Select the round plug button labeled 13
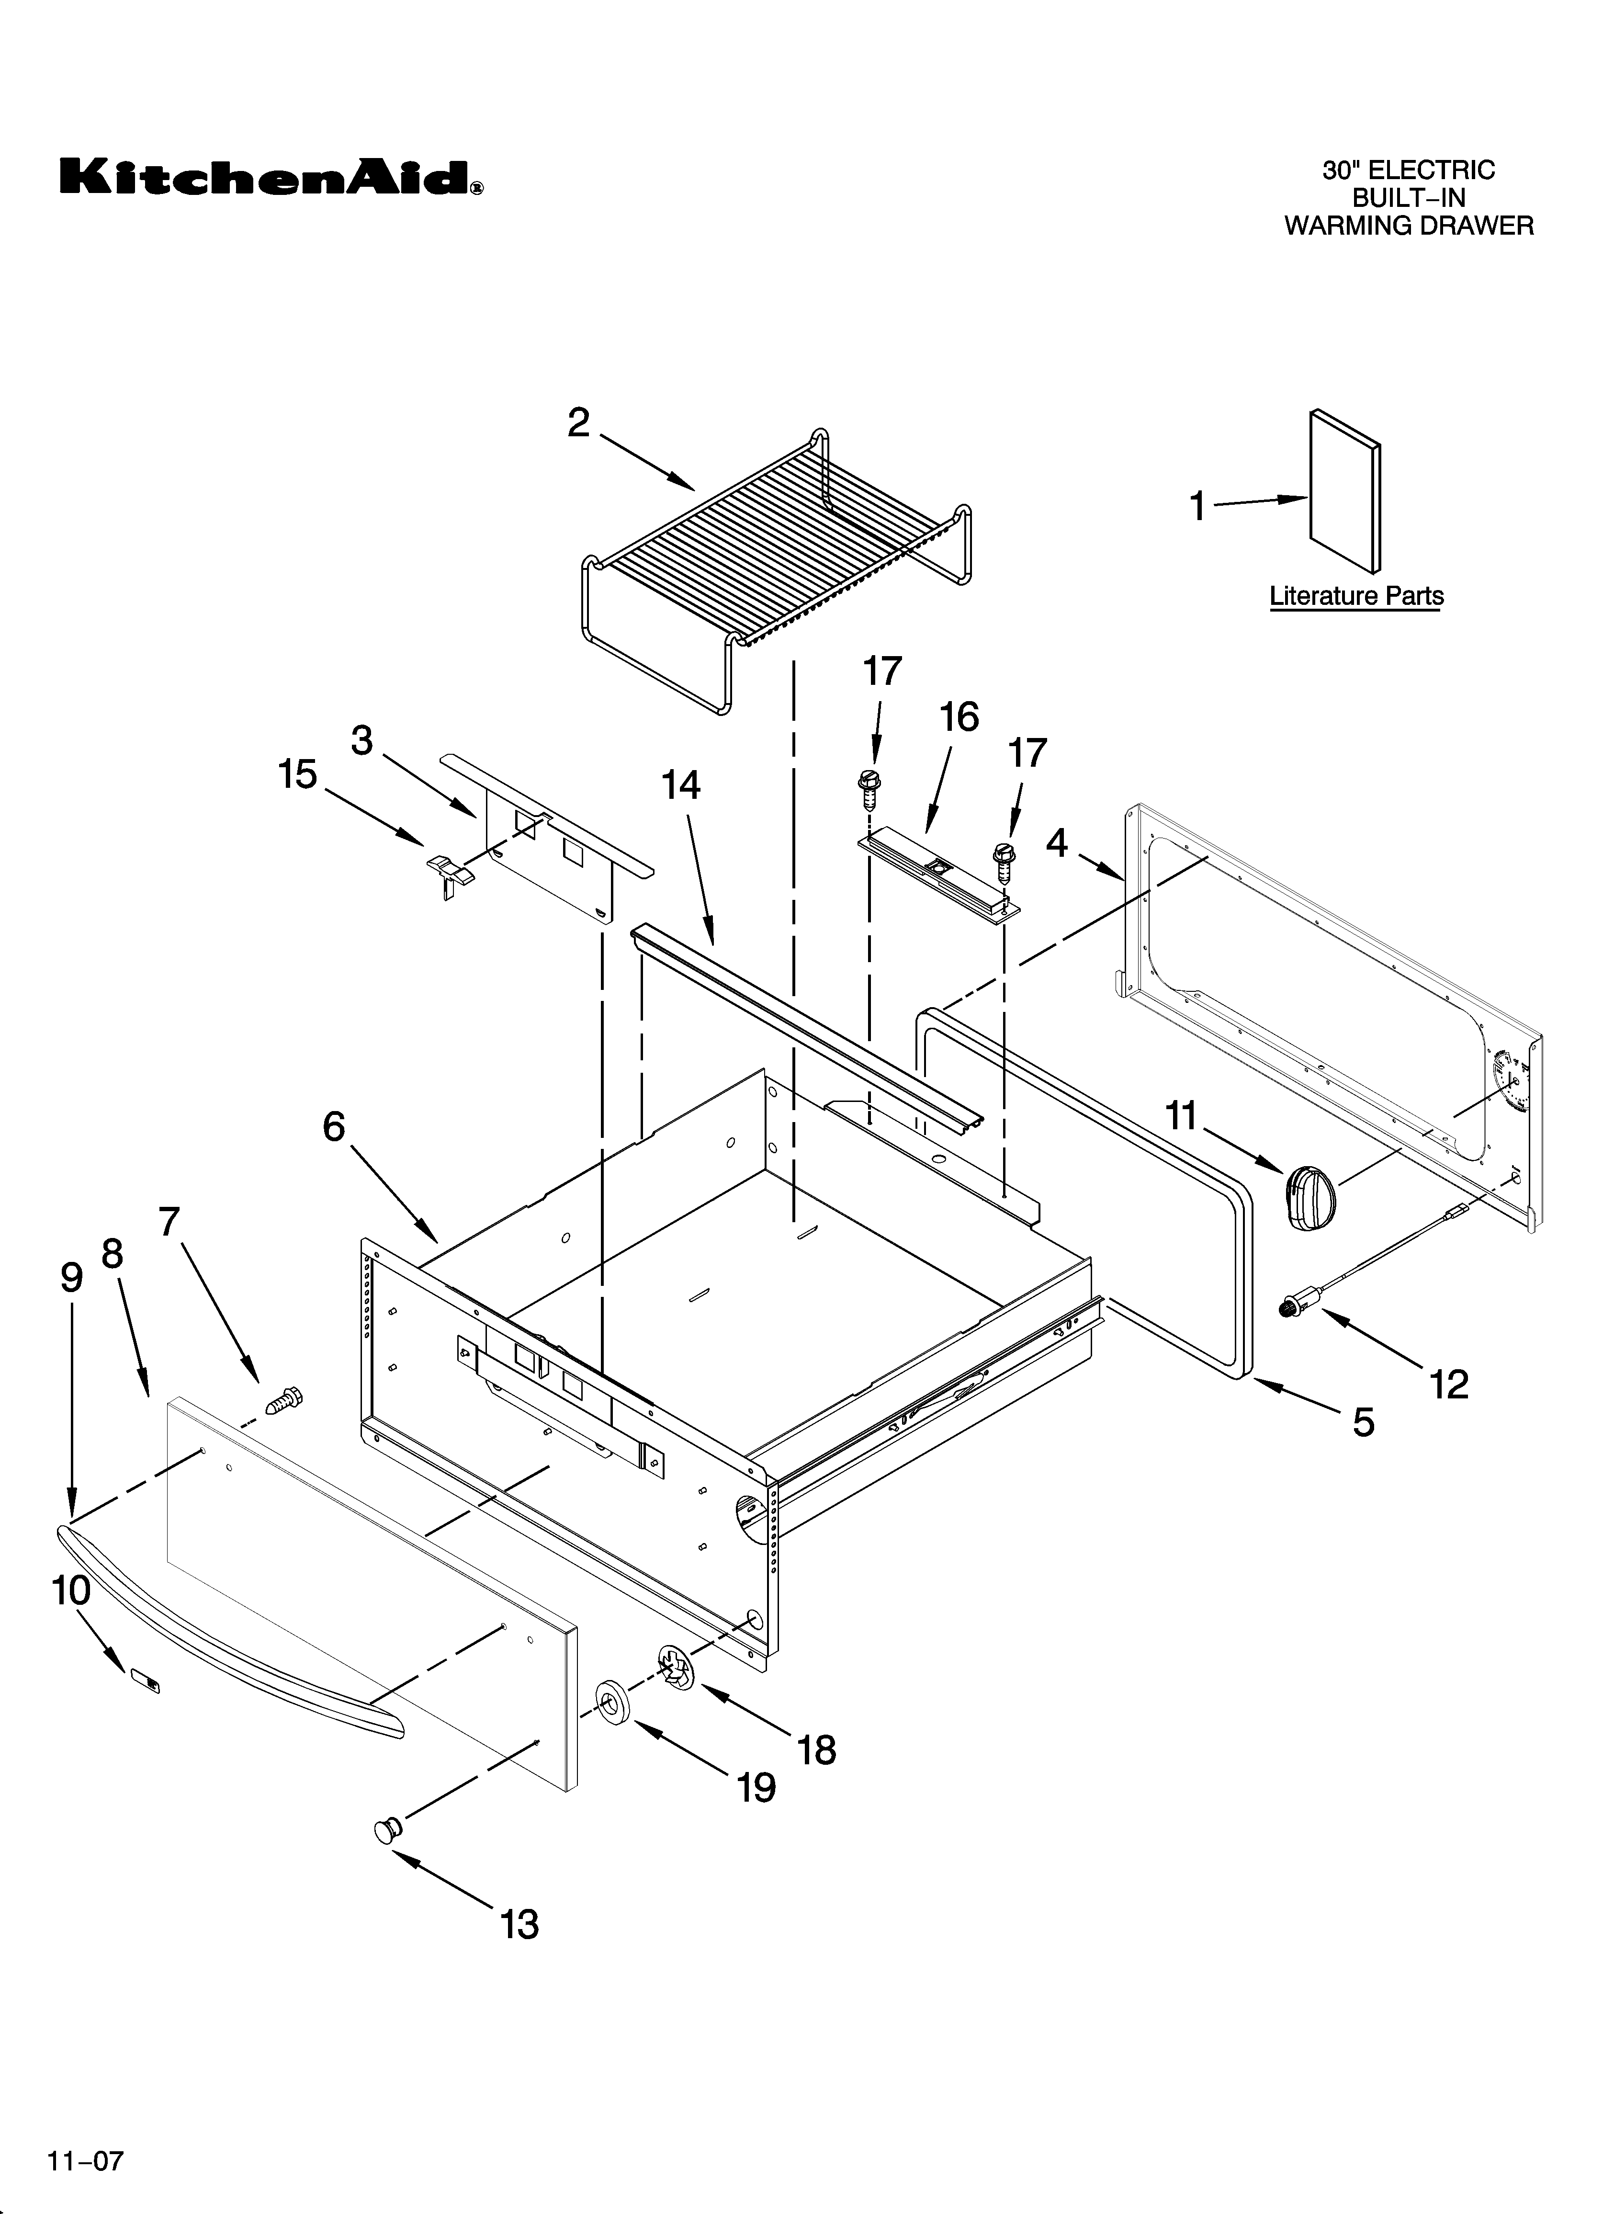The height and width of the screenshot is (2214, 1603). click(x=387, y=1830)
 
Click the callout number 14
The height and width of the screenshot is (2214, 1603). click(x=680, y=785)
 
